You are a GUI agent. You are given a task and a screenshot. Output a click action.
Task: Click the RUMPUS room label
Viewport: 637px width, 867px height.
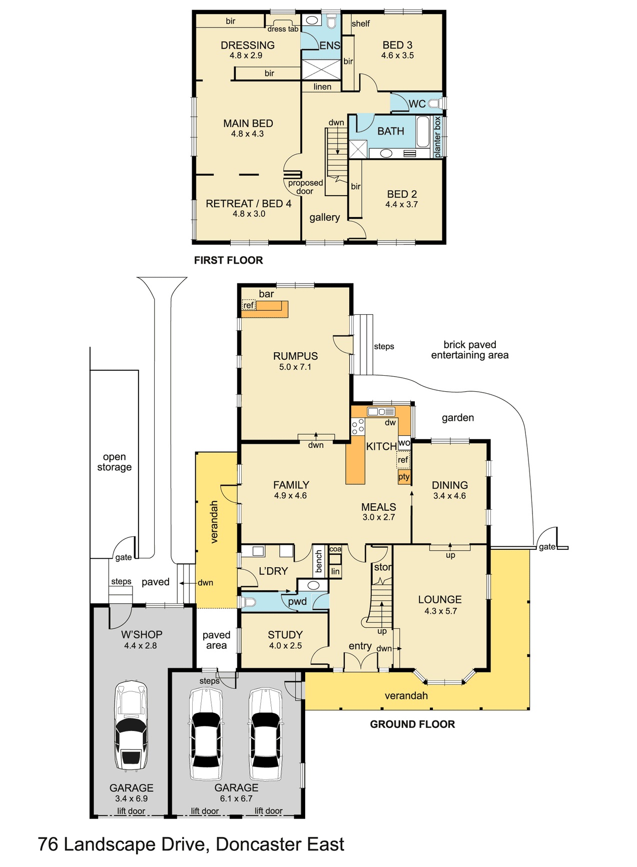click(x=295, y=356)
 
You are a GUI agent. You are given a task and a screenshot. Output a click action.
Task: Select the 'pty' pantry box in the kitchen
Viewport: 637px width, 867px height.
click(x=404, y=477)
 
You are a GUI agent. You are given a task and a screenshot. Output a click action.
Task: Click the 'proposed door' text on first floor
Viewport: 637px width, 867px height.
click(x=305, y=187)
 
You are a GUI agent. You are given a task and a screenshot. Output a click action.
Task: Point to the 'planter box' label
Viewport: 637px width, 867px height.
click(x=438, y=137)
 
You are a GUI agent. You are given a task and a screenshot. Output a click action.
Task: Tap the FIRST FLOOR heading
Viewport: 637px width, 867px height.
click(x=228, y=260)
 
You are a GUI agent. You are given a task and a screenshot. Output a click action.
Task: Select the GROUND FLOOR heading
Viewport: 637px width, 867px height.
click(x=412, y=724)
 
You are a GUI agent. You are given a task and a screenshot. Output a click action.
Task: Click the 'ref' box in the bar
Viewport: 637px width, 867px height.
click(x=249, y=305)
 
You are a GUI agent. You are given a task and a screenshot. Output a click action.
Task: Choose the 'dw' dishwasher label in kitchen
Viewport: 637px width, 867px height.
click(x=390, y=423)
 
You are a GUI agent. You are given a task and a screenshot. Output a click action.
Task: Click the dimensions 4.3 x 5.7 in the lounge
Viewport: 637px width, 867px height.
click(x=440, y=611)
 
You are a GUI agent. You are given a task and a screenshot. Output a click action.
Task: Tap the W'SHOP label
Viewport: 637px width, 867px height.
click(x=142, y=634)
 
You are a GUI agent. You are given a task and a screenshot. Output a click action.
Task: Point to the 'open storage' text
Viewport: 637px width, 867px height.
click(x=114, y=462)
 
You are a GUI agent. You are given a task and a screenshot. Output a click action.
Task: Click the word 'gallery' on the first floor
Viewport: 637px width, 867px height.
click(x=324, y=217)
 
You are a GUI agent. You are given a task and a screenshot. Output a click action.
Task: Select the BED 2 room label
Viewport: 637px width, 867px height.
click(x=402, y=194)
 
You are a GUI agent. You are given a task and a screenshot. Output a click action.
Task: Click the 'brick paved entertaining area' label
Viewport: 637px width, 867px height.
click(x=469, y=350)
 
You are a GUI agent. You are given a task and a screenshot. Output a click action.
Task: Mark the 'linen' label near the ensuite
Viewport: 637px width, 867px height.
click(x=322, y=87)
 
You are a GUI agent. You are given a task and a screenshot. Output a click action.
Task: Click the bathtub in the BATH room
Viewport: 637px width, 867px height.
click(x=423, y=131)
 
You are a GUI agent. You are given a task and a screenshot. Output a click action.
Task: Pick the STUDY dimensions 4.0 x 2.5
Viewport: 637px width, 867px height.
click(x=285, y=646)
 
